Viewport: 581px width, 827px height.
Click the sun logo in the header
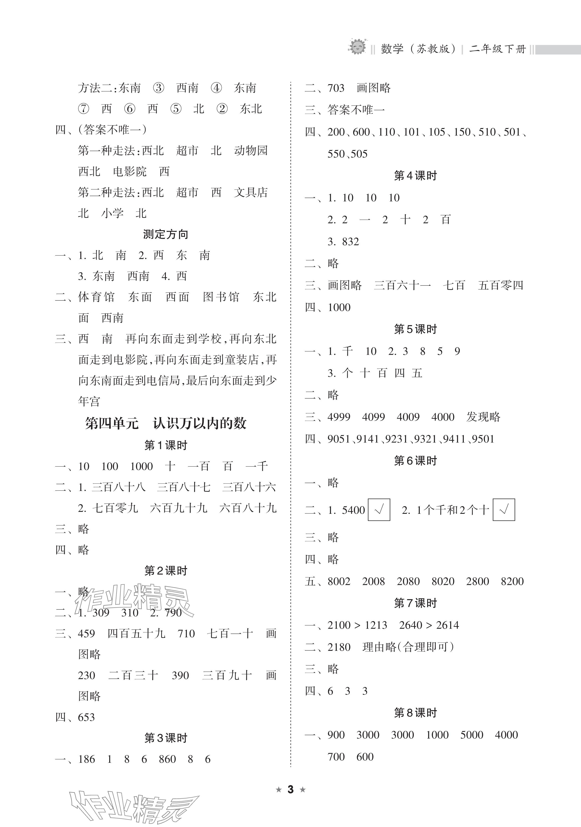click(x=357, y=47)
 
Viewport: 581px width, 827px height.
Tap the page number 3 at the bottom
click(x=291, y=790)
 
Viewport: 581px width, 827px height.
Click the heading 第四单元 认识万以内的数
click(x=166, y=423)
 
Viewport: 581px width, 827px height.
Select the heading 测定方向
click(x=166, y=234)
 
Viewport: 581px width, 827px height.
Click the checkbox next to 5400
click(x=379, y=510)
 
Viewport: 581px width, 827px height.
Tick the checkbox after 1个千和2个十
click(x=504, y=510)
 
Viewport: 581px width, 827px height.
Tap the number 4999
click(x=339, y=417)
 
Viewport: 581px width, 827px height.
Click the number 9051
click(x=339, y=439)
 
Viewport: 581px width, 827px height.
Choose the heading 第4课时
click(x=415, y=176)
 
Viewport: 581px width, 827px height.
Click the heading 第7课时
click(x=415, y=603)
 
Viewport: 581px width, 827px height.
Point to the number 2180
click(x=339, y=647)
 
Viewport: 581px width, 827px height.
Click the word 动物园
click(x=251, y=150)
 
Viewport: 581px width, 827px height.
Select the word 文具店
click(x=251, y=192)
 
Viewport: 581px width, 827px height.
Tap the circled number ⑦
click(x=84, y=109)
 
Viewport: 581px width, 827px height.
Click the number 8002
click(x=339, y=581)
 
